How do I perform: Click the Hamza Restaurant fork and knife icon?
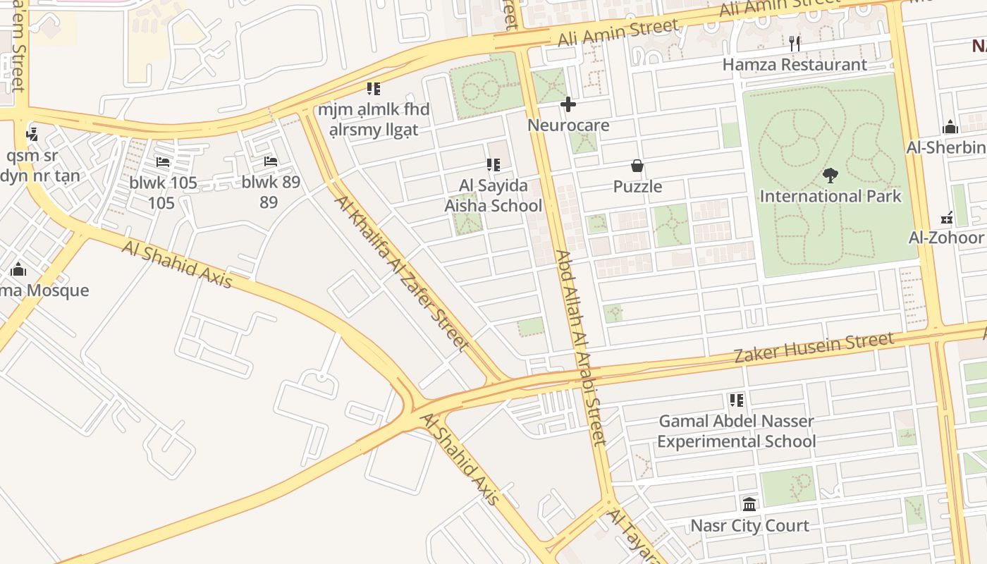[795, 43]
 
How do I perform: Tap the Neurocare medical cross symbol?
[568, 105]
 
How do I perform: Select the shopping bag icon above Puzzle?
[637, 166]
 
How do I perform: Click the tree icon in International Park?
[830, 176]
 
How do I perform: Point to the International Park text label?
[830, 195]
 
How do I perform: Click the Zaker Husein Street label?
[814, 348]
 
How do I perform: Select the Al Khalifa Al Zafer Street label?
[402, 273]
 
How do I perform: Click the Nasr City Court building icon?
[749, 505]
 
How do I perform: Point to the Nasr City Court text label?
[749, 525]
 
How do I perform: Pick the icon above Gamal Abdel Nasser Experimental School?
[737, 400]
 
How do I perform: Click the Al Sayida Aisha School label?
[493, 195]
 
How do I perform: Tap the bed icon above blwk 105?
[163, 161]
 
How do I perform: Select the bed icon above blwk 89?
[271, 161]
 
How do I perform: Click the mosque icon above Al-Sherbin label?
[950, 128]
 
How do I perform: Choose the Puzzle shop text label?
[637, 186]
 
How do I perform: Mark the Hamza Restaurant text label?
[795, 64]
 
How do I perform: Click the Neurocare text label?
[568, 125]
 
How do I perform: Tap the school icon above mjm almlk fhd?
[374, 89]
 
